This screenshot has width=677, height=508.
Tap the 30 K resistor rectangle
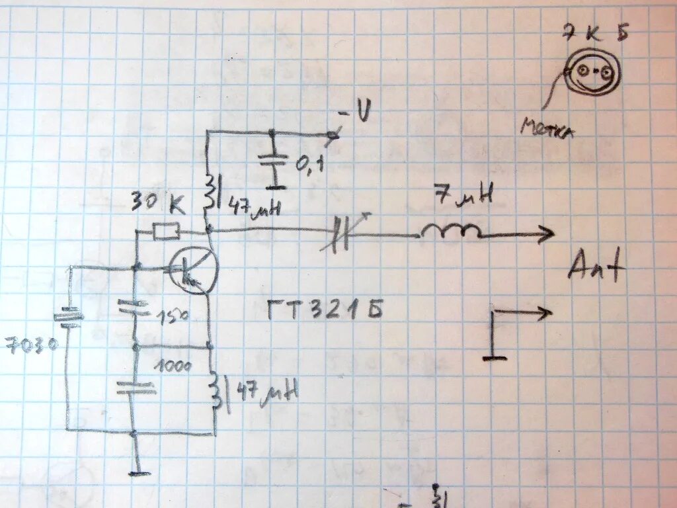165,232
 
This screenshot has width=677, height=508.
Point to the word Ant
595,269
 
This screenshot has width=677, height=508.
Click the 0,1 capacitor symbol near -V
272,161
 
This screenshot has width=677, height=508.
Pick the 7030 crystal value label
31,345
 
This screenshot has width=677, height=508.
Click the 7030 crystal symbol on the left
68,317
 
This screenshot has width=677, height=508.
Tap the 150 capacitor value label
173,316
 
